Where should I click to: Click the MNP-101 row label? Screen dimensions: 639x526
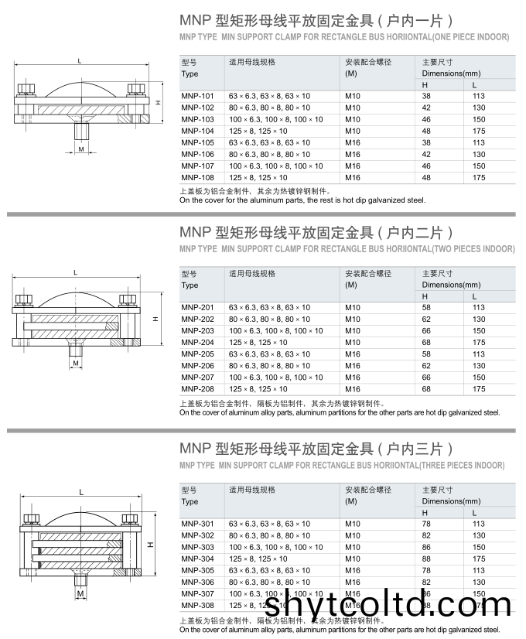coord(197,96)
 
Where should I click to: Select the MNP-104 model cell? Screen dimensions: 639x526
coord(197,131)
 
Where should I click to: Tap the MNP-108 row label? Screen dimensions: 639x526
coord(197,177)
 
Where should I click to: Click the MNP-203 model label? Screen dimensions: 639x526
coord(197,331)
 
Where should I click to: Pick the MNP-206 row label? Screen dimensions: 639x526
coord(197,366)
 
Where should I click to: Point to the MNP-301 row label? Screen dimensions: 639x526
coord(197,524)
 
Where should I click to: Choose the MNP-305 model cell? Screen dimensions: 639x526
coord(197,570)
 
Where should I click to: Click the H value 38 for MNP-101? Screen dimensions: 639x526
coord(426,96)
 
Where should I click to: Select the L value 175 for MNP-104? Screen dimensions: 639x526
coord(479,131)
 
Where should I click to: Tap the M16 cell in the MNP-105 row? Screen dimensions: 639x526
coord(353,142)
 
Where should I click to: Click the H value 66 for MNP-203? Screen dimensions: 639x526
coord(426,331)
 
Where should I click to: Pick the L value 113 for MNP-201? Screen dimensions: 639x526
coord(479,308)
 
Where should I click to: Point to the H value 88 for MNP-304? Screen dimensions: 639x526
coord(426,559)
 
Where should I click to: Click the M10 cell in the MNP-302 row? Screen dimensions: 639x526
coord(353,535)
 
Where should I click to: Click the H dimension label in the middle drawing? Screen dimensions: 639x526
coord(155,318)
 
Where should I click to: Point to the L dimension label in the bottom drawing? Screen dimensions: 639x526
coord(80,494)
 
